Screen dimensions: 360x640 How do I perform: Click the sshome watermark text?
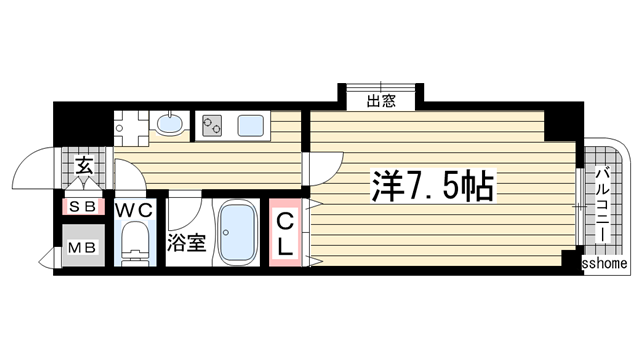[x=606, y=264]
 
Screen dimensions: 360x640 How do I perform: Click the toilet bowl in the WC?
[x=133, y=245]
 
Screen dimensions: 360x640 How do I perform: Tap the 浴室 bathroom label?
[x=187, y=242]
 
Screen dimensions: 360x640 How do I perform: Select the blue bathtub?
[x=235, y=233]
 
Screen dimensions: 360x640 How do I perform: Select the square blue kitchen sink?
[x=250, y=126]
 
